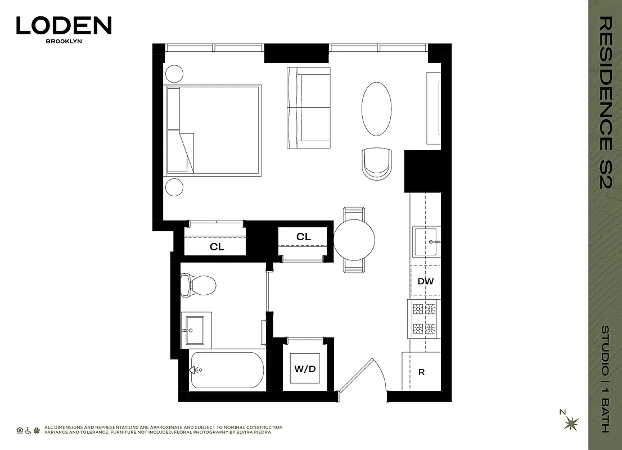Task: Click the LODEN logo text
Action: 64,26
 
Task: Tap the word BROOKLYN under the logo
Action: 64,42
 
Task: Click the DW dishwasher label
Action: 425,281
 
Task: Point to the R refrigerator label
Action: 421,372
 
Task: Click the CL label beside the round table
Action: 304,237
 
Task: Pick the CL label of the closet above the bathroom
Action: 217,247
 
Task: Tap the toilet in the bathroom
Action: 197,285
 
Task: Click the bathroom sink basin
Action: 195,330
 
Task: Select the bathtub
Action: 227,370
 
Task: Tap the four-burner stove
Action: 425,318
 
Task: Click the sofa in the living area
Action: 309,107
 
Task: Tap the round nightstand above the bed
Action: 174,74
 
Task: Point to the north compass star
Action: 571,422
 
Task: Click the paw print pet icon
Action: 37,430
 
